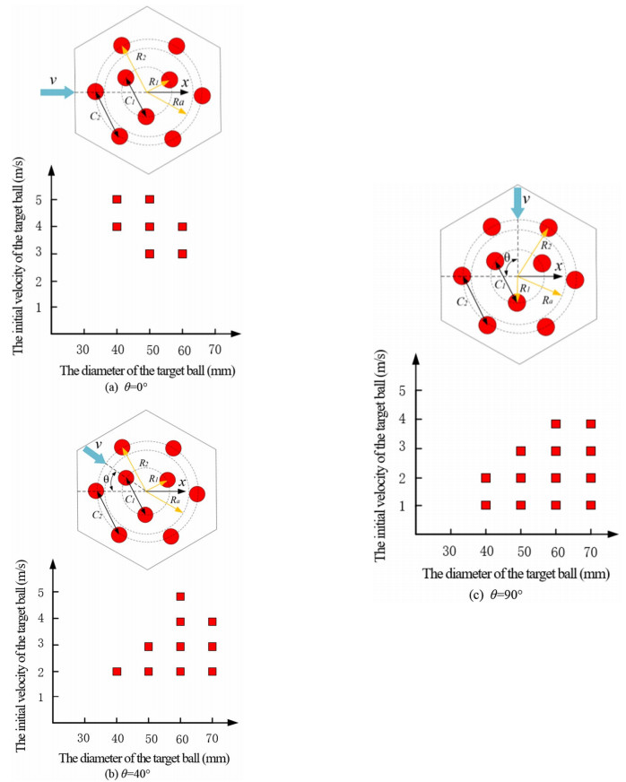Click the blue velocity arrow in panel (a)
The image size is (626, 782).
point(59,91)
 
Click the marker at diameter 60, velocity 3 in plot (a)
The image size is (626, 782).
point(182,254)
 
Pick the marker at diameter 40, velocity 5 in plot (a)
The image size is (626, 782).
point(117,199)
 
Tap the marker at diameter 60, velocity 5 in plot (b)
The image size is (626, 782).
point(180,596)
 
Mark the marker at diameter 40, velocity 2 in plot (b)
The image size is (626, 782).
point(117,671)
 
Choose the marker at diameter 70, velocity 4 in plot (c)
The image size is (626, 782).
point(590,424)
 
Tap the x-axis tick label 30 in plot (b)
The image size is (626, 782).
point(83,738)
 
